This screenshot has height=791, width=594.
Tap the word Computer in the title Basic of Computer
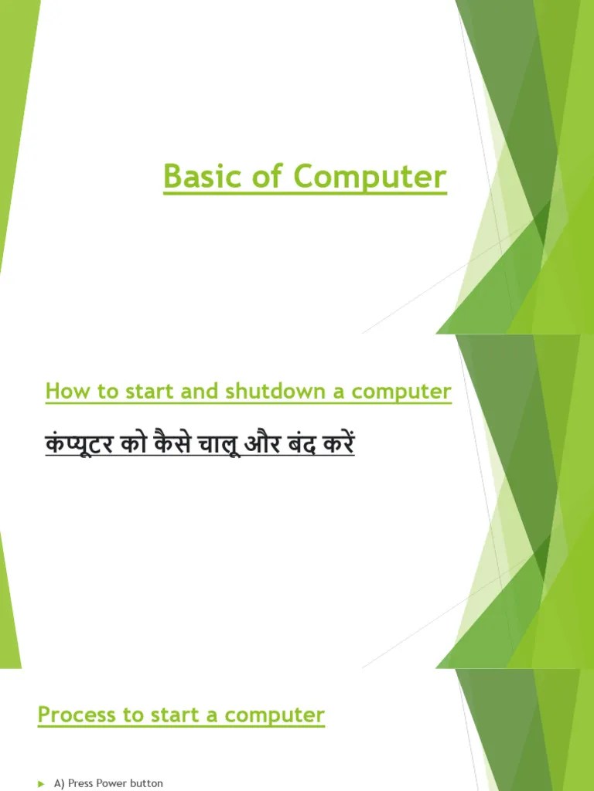[x=370, y=178]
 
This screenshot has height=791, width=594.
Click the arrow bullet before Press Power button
[x=41, y=784]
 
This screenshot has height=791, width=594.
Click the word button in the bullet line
[x=146, y=783]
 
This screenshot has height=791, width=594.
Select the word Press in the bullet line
[x=80, y=783]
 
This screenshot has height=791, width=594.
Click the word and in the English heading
[x=201, y=392]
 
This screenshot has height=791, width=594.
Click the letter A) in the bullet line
[x=60, y=783]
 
